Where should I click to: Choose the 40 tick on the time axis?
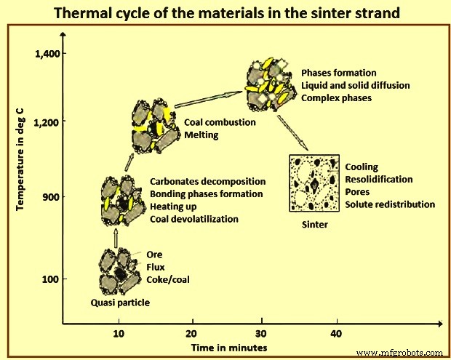335,333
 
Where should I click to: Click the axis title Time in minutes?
229,348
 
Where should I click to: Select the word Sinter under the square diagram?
314,225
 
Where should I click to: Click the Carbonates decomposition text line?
207,181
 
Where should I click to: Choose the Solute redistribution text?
390,204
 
